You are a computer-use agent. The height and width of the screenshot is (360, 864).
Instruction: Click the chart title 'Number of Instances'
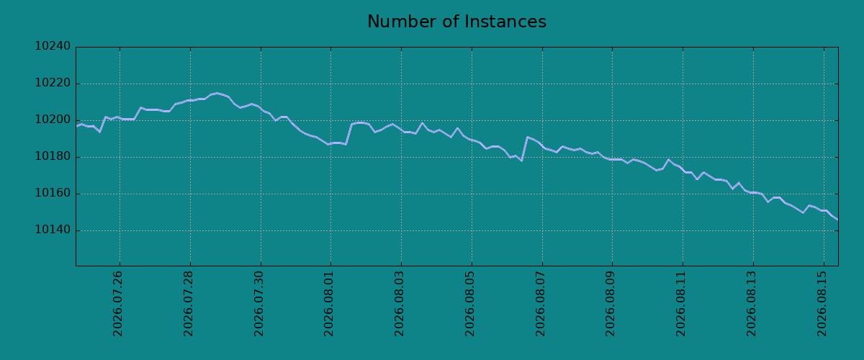(456, 22)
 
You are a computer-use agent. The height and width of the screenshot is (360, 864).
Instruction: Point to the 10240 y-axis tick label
(53, 46)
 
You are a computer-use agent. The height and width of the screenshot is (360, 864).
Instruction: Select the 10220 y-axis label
(53, 83)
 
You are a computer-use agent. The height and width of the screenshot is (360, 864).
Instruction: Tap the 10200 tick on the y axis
(53, 120)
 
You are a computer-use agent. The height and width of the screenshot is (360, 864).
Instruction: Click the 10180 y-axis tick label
(53, 157)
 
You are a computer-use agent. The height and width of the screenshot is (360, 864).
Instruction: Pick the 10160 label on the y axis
(53, 193)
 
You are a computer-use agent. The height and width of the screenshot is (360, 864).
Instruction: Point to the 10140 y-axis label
(53, 230)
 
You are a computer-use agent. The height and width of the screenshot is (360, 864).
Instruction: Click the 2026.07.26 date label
(117, 304)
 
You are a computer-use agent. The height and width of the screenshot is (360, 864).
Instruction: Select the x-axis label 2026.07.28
(188, 304)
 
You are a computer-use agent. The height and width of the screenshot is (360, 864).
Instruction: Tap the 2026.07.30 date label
(258, 304)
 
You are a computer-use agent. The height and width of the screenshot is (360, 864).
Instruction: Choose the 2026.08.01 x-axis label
(328, 304)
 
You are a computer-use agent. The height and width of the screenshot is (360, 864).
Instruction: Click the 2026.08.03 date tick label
(399, 304)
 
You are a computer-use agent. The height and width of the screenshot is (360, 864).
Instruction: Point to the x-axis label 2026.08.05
(469, 304)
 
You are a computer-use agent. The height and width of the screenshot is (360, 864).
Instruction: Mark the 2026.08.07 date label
(541, 304)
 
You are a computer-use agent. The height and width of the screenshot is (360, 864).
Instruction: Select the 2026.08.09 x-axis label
(611, 304)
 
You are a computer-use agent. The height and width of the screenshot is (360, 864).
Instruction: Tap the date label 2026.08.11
(681, 304)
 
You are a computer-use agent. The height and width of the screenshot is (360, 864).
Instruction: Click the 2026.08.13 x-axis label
(752, 304)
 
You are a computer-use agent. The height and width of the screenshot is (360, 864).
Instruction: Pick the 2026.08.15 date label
(822, 304)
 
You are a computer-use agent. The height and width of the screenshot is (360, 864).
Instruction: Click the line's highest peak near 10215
(217, 93)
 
